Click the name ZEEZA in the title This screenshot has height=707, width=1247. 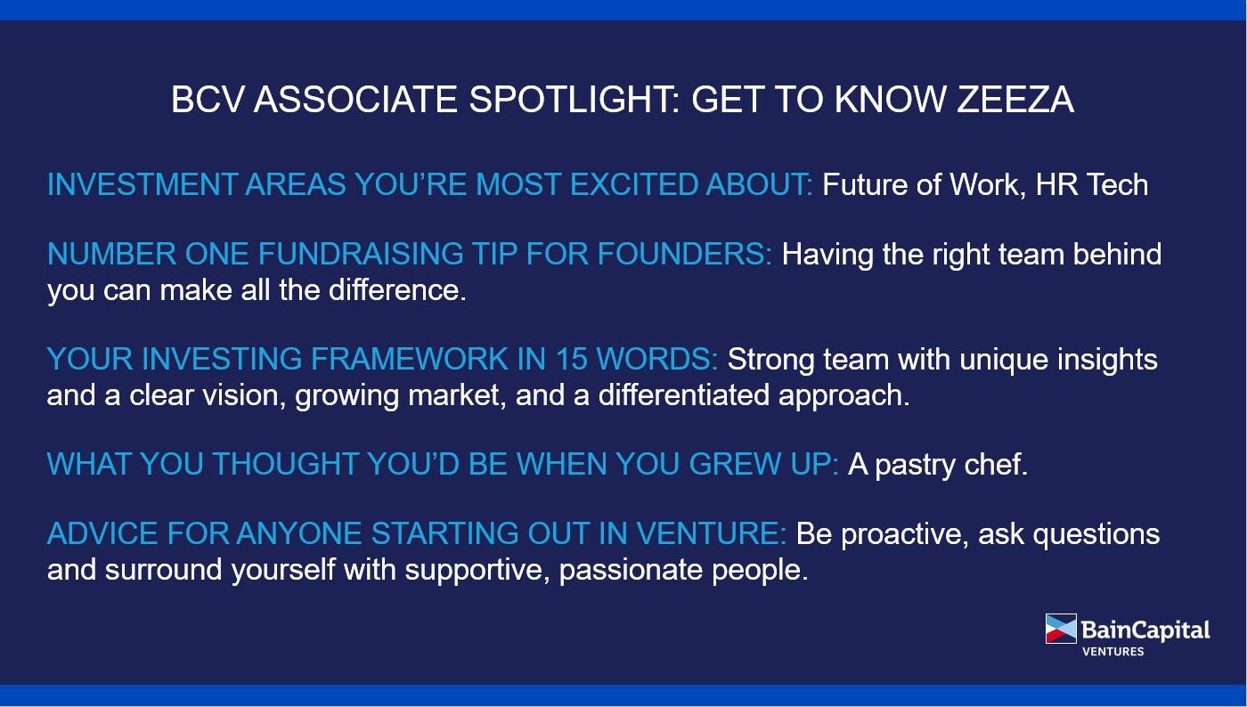click(1015, 100)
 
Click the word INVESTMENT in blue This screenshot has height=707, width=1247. click(142, 184)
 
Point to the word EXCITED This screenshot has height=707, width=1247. click(633, 184)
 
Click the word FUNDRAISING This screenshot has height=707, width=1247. click(360, 254)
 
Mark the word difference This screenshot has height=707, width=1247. click(397, 290)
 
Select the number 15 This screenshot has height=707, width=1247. click(571, 359)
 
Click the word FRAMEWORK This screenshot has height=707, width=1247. click(409, 359)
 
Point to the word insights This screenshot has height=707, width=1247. click(1107, 359)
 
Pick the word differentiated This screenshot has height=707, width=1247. click(684, 394)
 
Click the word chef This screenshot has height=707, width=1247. click(996, 464)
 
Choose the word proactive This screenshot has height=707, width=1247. click(905, 535)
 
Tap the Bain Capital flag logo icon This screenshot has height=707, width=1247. click(1061, 629)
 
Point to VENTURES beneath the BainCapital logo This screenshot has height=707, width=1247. click(1113, 651)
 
